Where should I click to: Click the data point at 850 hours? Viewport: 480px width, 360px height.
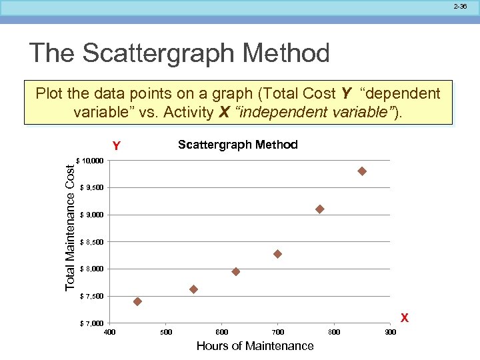coord(362,171)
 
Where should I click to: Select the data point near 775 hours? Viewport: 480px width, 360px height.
coord(320,209)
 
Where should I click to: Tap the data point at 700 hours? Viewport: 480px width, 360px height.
coord(278,254)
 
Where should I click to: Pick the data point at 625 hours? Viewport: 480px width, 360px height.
coord(236,271)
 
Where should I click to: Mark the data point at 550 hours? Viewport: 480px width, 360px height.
coord(194,289)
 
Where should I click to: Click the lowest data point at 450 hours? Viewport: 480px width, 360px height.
coord(137,301)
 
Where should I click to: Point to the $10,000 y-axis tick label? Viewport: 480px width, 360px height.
coord(91,161)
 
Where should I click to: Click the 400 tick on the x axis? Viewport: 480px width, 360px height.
coord(110,332)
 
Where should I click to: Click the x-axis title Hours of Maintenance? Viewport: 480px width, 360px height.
coord(255,345)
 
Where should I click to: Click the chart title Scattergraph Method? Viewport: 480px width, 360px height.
coord(238,145)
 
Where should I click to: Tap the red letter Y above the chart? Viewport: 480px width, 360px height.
coord(116,146)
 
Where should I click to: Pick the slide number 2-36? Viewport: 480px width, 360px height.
coord(461,6)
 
